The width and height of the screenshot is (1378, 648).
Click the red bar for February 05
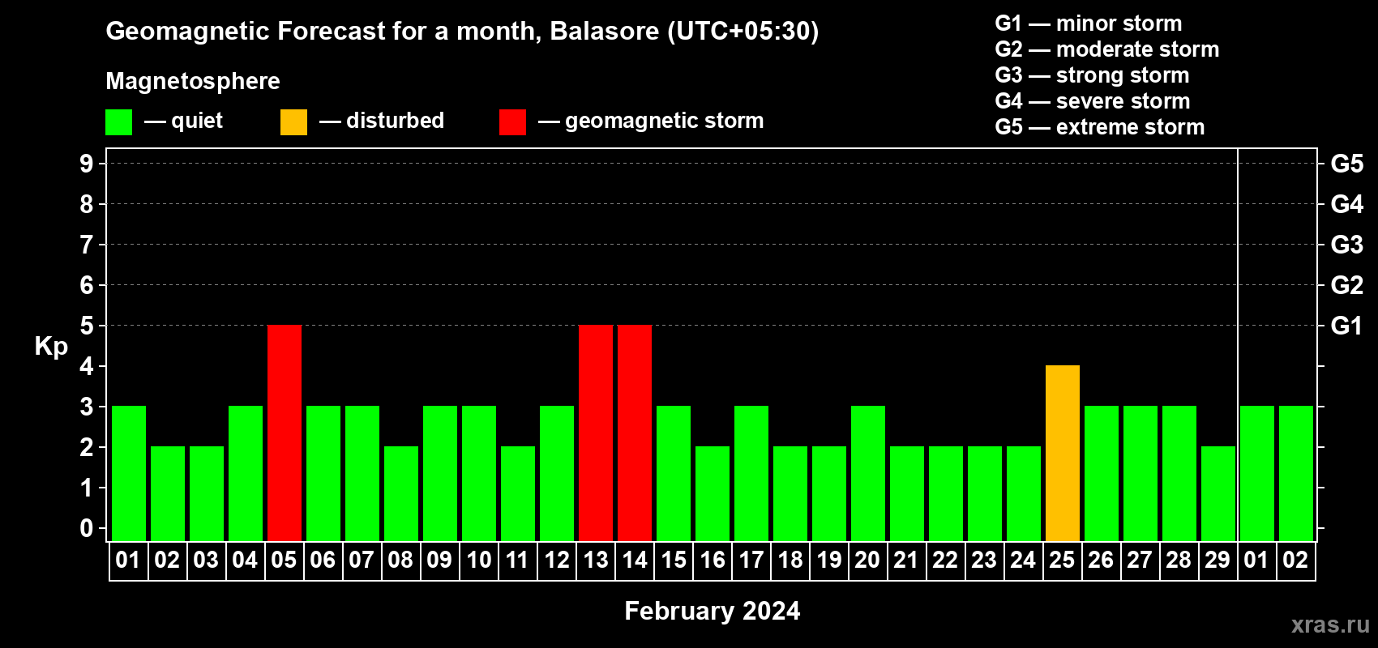[x=285, y=433]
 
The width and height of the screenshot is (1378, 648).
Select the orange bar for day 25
[x=1063, y=453]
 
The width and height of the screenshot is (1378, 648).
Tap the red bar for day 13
[x=596, y=433]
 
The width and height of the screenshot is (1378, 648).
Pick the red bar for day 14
[x=634, y=433]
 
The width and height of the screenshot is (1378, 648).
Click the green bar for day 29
[x=1218, y=493]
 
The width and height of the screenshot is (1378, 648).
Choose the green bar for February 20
[x=868, y=473]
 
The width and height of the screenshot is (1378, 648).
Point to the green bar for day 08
[x=401, y=493]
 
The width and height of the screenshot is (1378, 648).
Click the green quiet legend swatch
[x=118, y=122]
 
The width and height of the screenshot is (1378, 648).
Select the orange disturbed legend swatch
[x=293, y=122]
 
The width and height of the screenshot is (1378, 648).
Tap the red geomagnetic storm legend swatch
[x=512, y=122]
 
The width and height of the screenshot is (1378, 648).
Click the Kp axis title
[x=51, y=347]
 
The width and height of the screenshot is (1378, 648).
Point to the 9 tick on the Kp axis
[x=86, y=164]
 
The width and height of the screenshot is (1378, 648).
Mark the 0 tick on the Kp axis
[x=86, y=528]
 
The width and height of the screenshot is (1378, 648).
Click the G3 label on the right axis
[x=1346, y=245]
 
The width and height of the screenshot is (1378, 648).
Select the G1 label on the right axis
[x=1346, y=326]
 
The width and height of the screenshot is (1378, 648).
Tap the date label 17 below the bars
[x=751, y=560]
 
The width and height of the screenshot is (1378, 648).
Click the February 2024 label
[x=713, y=611]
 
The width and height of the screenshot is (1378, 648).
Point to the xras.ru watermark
[x=1330, y=625]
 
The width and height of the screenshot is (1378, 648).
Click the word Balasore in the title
[x=604, y=31]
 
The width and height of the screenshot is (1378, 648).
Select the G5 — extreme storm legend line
[x=1099, y=127]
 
